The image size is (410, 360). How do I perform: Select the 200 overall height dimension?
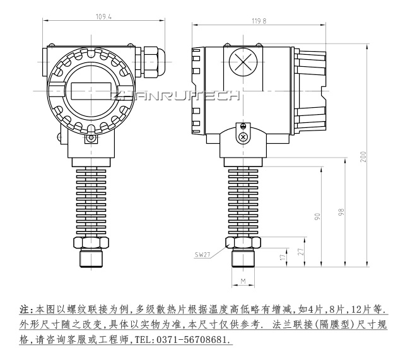(363, 156)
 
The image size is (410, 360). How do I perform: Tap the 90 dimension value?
(318, 217)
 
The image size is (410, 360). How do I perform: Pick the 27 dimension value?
(300, 250)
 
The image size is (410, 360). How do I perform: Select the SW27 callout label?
(202, 255)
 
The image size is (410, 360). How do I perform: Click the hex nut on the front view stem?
(91, 242)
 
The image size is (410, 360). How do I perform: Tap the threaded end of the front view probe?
(91, 258)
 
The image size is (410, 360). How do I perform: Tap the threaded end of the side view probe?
(243, 258)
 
